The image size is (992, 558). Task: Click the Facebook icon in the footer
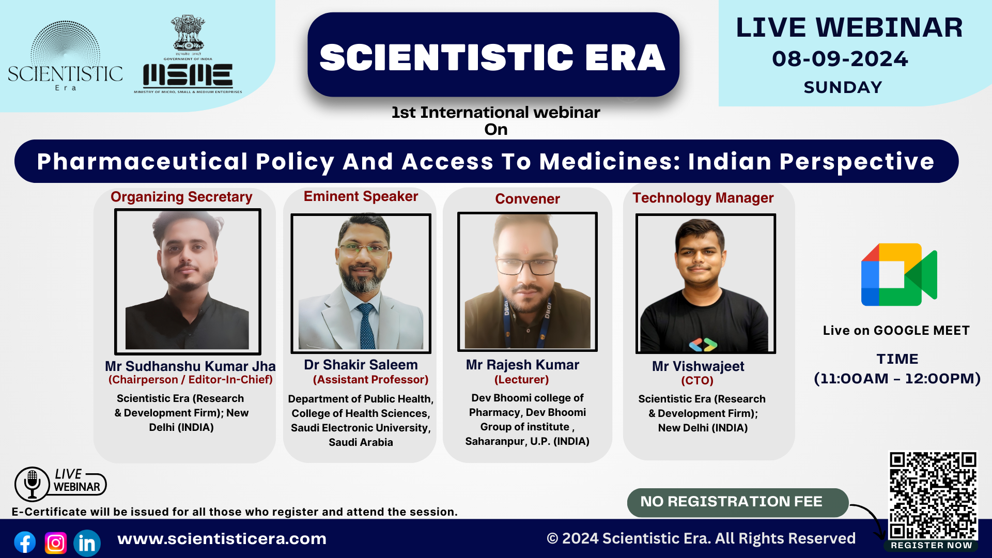(x=25, y=542)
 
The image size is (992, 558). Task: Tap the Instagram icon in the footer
(x=56, y=542)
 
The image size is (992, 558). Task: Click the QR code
(x=933, y=495)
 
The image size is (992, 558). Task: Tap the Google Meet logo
(x=899, y=274)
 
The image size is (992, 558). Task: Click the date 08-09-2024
(x=840, y=59)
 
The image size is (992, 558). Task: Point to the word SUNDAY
(x=843, y=87)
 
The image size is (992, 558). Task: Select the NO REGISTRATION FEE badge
(x=737, y=502)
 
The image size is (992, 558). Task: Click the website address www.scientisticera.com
(x=222, y=539)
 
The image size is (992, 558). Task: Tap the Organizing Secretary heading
(x=181, y=197)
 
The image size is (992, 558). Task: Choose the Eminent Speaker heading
(x=361, y=196)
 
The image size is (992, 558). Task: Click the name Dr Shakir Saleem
(x=361, y=365)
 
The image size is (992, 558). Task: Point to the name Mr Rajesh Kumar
(x=522, y=365)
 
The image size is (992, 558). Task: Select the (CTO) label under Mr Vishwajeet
(x=697, y=381)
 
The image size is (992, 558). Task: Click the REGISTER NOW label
(x=932, y=545)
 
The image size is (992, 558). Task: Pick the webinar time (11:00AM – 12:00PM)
(x=897, y=379)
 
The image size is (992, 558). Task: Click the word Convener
(x=528, y=199)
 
